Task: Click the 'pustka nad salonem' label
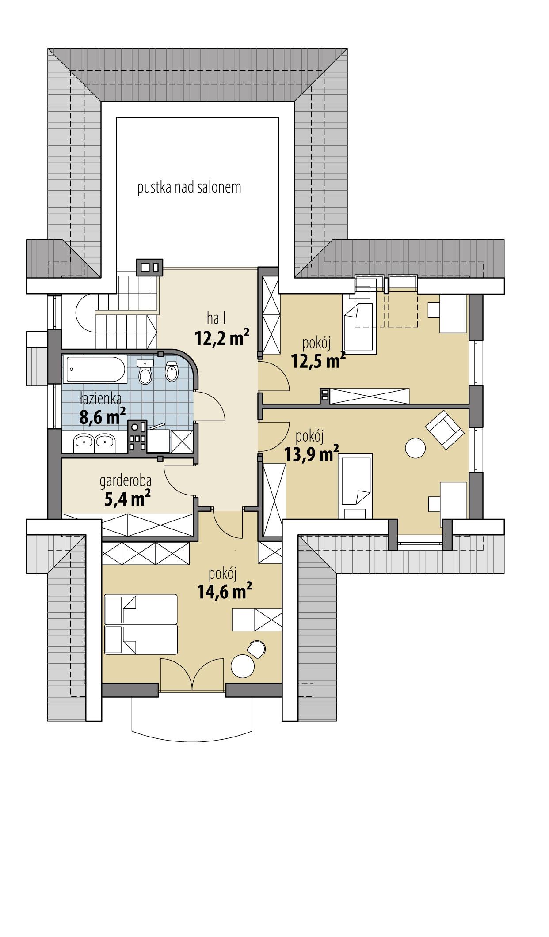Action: [x=189, y=188]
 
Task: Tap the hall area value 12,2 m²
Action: [x=221, y=339]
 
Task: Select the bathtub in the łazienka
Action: [x=96, y=369]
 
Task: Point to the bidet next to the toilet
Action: [x=172, y=371]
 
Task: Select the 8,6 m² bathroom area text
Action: [x=102, y=416]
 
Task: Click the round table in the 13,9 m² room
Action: [x=416, y=448]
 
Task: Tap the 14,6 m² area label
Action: [x=224, y=591]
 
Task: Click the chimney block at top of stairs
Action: [x=149, y=267]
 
